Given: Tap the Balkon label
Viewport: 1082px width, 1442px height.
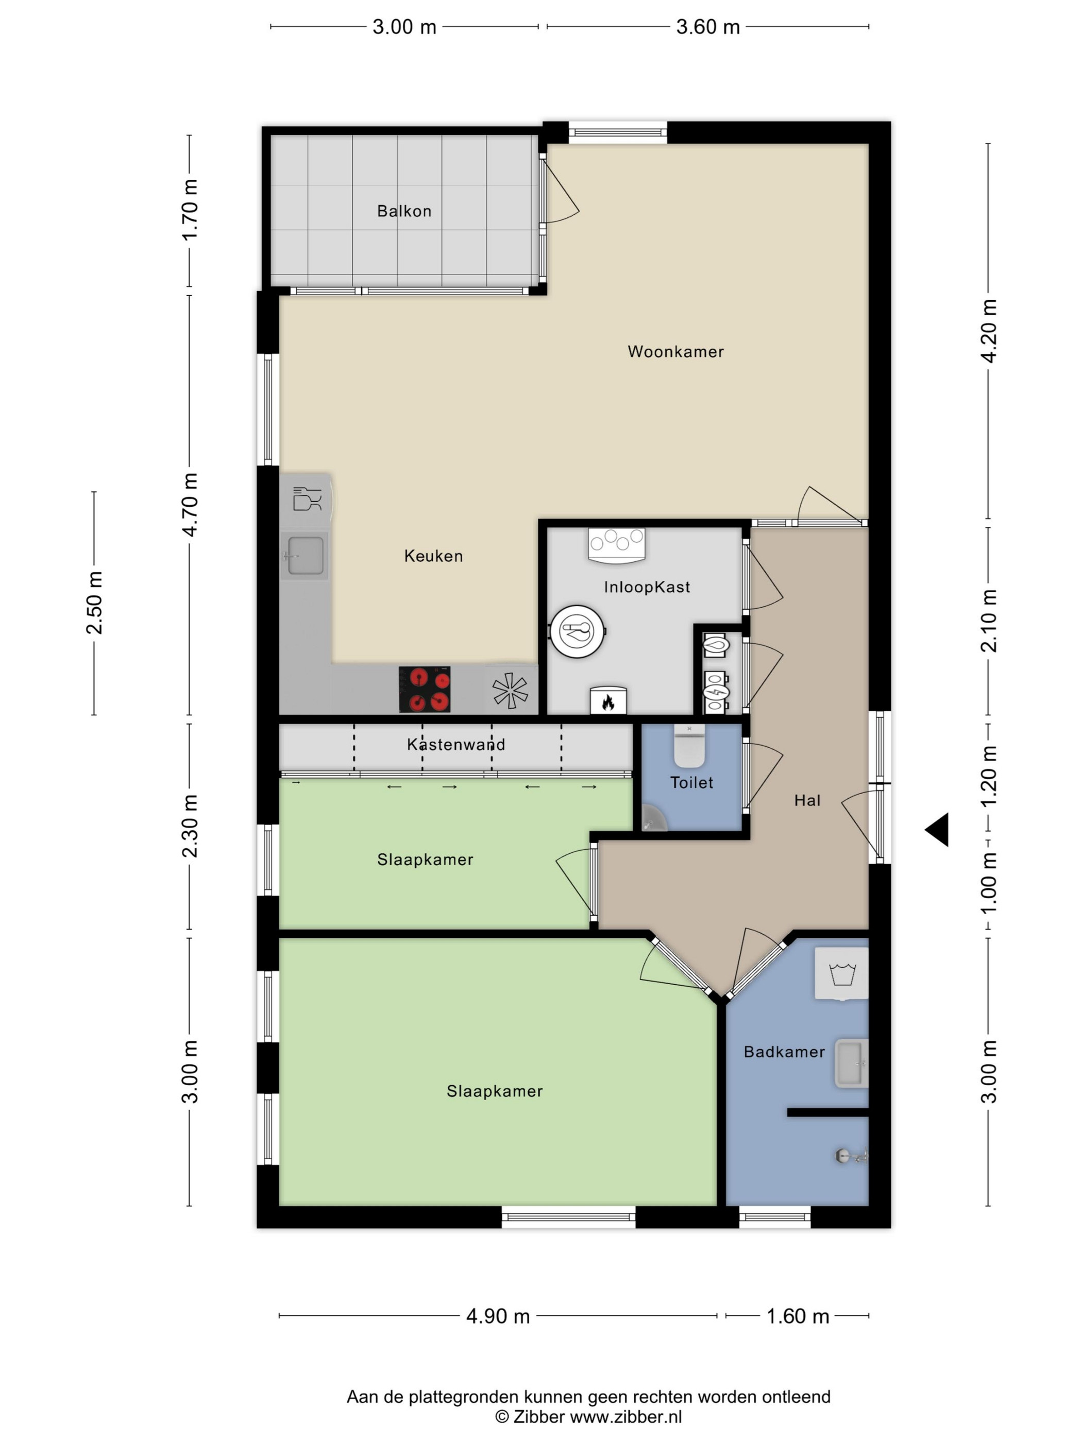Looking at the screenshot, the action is tap(404, 211).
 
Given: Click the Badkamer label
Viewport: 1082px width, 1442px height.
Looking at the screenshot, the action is tap(784, 1052).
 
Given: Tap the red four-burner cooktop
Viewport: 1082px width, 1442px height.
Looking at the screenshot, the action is tap(424, 689).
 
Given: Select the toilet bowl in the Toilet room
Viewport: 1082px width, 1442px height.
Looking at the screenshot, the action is tap(689, 746).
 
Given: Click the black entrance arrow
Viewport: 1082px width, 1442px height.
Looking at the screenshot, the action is tap(937, 830).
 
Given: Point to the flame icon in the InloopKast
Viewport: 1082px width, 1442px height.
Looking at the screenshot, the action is tap(608, 701).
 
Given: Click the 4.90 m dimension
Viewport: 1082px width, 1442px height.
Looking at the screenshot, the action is tap(498, 1316).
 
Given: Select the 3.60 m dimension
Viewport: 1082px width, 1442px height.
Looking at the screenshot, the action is tap(707, 27).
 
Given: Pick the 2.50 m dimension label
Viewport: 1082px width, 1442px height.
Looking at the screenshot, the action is tap(95, 603).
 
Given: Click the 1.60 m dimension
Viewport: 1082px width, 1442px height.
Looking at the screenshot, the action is tap(798, 1316).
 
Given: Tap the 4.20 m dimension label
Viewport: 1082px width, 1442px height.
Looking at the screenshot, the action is tap(989, 331).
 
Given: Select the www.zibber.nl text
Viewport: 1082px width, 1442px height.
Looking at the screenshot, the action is tap(626, 1417).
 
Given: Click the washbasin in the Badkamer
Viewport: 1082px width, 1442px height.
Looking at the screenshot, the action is tap(851, 1064).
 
